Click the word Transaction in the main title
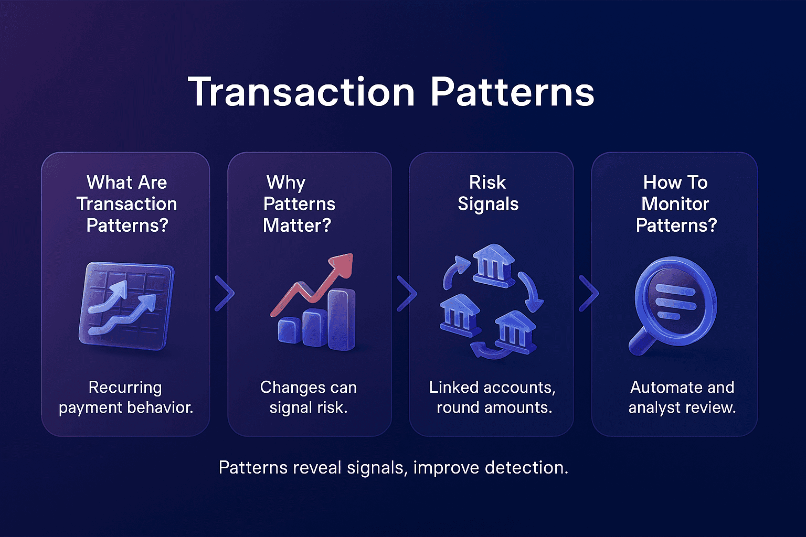(x=301, y=92)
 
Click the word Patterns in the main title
(x=512, y=92)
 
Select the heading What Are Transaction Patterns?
(x=126, y=204)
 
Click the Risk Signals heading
(x=488, y=193)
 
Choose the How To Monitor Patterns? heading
(x=676, y=204)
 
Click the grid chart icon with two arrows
(x=126, y=306)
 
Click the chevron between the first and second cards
(x=224, y=293)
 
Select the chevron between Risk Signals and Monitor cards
(x=588, y=293)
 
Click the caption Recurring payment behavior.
(x=126, y=398)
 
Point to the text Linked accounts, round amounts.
(x=493, y=398)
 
